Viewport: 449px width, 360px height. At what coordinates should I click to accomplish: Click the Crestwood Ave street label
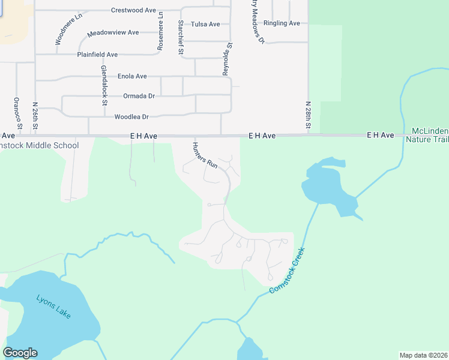(x=133, y=10)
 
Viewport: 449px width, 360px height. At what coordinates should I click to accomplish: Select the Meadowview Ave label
(x=113, y=32)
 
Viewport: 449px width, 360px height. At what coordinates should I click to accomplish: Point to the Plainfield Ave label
(x=97, y=55)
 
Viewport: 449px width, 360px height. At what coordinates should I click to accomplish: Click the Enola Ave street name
(x=132, y=77)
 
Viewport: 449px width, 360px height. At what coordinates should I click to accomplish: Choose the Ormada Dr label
(x=139, y=96)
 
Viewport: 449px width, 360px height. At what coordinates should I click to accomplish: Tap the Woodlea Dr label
(x=131, y=117)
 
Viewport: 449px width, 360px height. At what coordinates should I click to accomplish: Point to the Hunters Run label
(x=205, y=155)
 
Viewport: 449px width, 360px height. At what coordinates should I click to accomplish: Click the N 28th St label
(x=307, y=115)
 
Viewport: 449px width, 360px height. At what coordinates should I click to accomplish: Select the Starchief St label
(x=180, y=37)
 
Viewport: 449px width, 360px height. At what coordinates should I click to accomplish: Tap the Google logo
(x=20, y=353)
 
